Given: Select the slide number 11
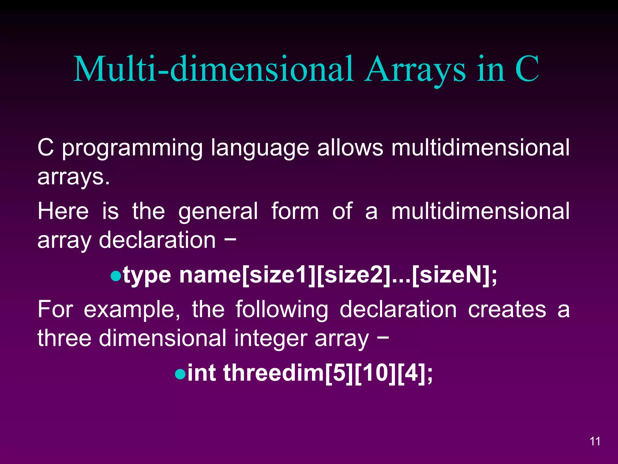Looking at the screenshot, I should [x=595, y=441].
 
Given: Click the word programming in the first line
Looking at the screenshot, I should [x=132, y=149].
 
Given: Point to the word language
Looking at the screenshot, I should [x=260, y=149].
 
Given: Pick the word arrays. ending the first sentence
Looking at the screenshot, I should [x=73, y=177].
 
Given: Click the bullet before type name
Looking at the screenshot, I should [x=116, y=276].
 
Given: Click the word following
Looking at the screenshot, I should [x=282, y=310].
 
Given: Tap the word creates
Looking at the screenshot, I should [x=507, y=309].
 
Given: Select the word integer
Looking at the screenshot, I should [x=271, y=339].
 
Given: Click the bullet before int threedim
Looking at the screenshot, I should [x=180, y=374].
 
